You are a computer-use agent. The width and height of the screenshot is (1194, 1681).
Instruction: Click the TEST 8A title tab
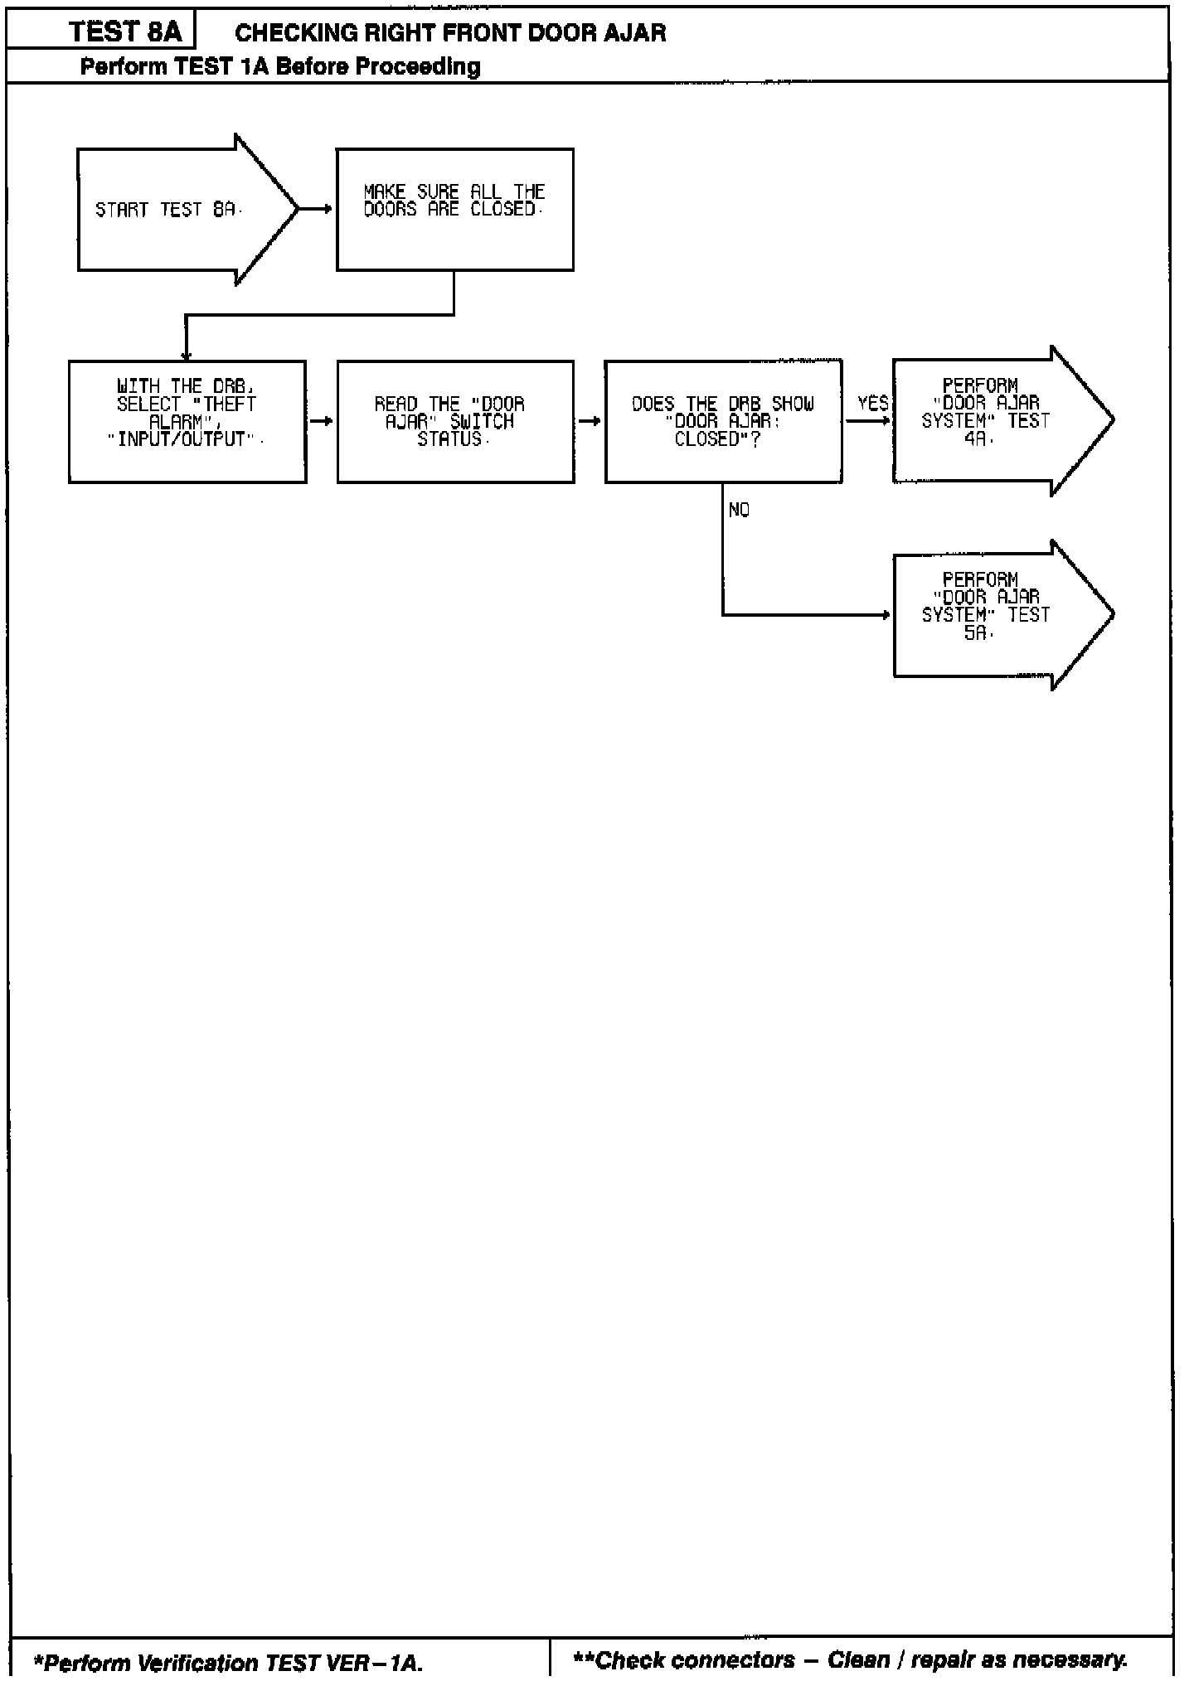coord(124,32)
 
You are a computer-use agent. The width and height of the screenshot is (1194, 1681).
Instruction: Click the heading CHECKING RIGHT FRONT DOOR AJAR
coord(450,33)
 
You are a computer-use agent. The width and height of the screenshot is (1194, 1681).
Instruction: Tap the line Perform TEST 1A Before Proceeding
coord(280,66)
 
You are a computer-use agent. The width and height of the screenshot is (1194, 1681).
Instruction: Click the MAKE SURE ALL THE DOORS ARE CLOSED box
coord(454,210)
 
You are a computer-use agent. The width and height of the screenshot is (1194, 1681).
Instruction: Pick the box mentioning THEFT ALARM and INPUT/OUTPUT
coord(187,421)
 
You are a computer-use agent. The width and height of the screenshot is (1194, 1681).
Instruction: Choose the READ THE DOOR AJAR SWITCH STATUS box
coord(455,421)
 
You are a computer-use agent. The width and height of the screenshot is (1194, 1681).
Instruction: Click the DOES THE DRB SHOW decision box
coord(723,421)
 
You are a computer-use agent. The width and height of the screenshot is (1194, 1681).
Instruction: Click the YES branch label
coord(872,404)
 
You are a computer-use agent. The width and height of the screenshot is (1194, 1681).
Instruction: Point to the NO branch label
coord(739,511)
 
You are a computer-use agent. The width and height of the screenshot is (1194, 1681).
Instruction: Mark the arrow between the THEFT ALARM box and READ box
coord(322,421)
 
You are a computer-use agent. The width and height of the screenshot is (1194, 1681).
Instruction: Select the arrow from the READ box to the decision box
coord(590,421)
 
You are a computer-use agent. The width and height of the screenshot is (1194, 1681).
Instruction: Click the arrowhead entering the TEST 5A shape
coord(885,615)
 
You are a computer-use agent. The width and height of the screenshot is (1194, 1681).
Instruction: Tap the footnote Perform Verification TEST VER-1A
coord(228,1662)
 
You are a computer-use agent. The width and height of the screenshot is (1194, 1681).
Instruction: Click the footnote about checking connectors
coord(850,1659)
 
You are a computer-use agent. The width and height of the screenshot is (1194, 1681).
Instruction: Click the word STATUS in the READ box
coord(449,439)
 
